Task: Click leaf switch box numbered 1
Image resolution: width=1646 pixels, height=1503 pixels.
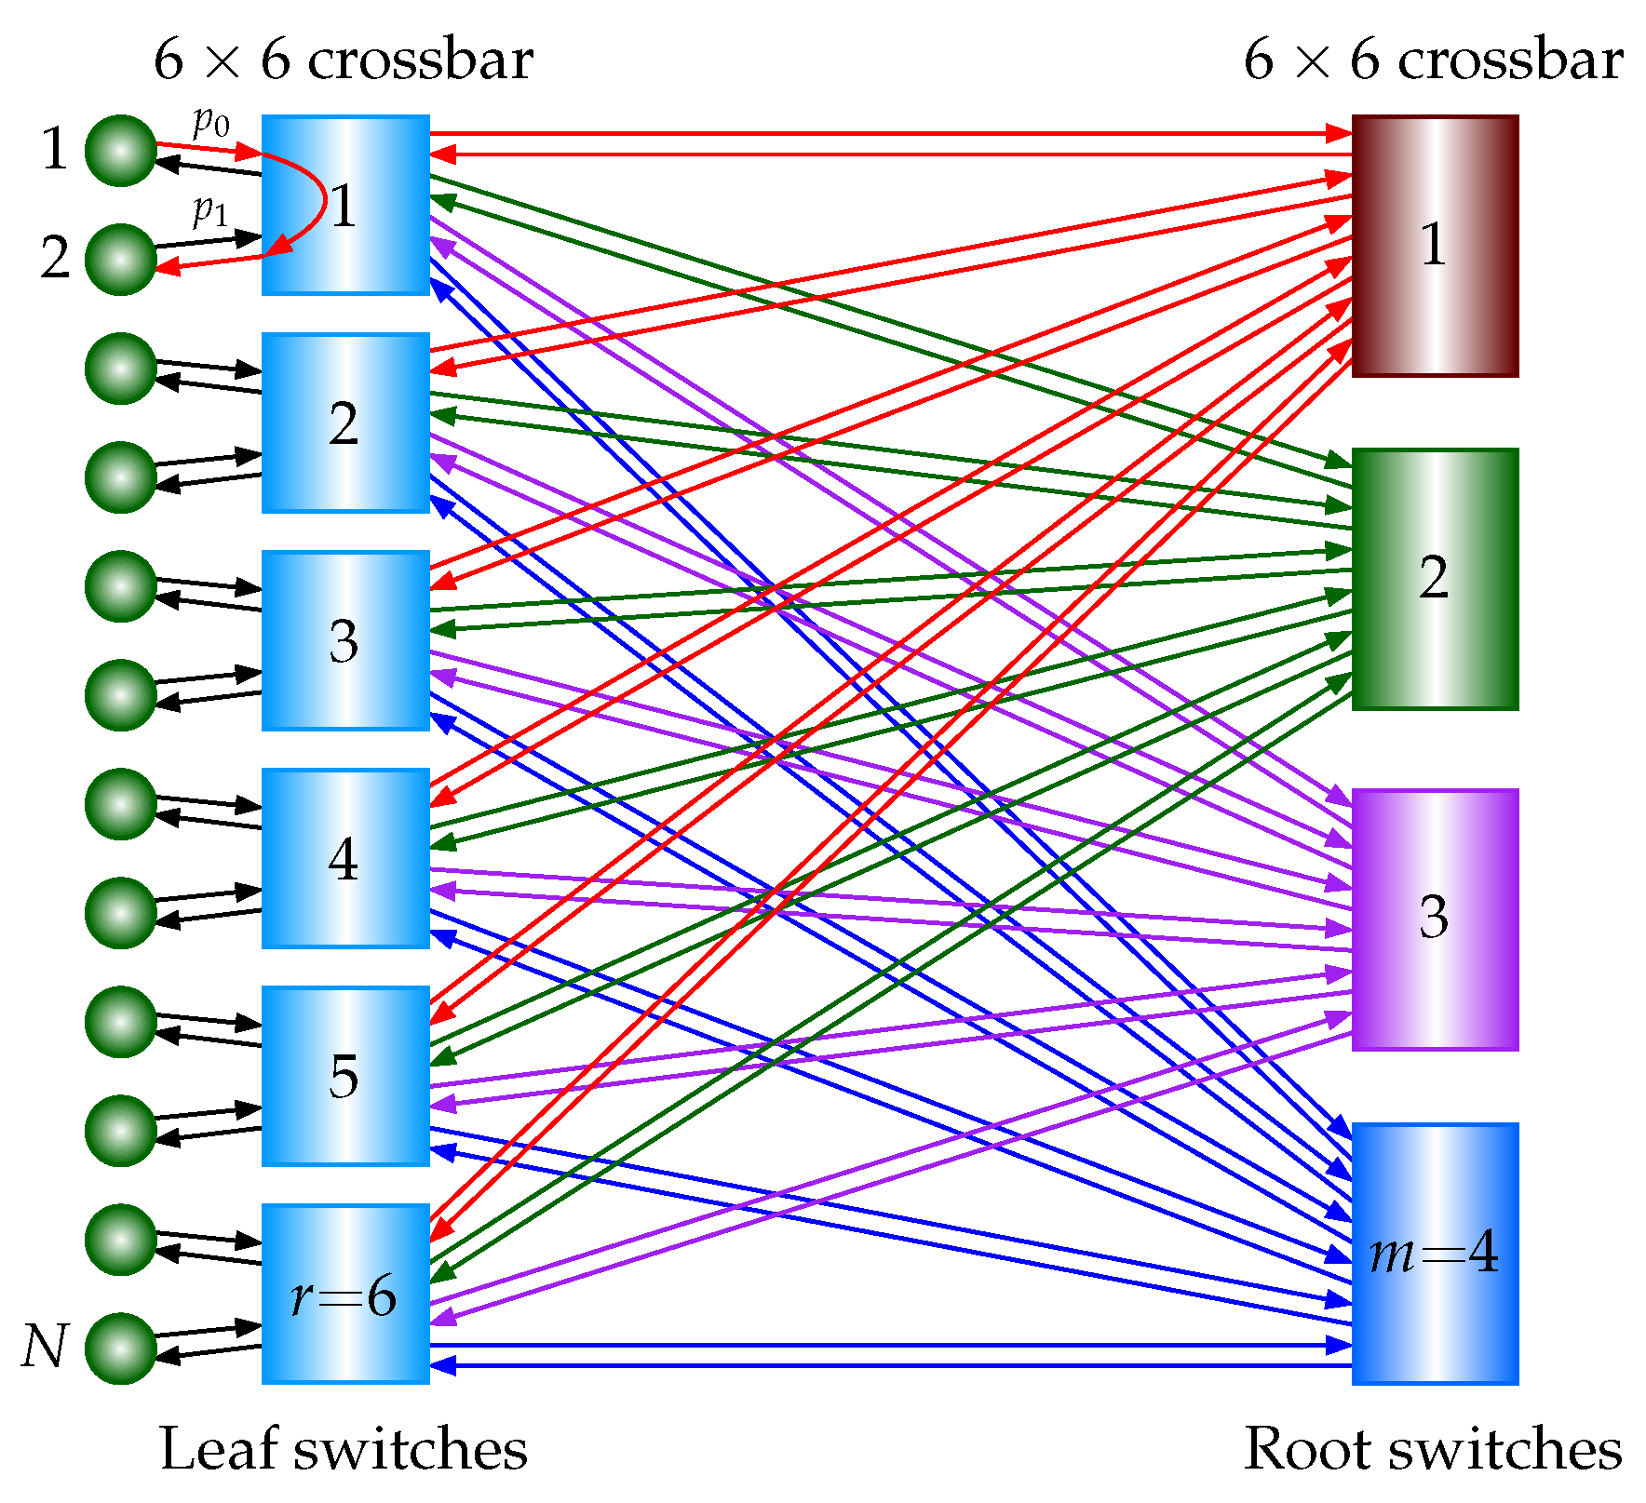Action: coord(345,206)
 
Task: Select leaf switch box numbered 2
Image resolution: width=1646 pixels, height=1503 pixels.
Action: coord(345,423)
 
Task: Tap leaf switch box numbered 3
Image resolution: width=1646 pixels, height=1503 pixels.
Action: coord(345,641)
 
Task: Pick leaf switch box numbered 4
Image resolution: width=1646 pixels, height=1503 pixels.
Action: coord(345,859)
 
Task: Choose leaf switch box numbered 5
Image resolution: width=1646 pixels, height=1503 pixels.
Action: coord(345,1077)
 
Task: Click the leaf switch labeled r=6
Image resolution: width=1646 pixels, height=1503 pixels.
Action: coord(345,1295)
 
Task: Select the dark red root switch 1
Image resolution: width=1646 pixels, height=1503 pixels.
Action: coord(1436,247)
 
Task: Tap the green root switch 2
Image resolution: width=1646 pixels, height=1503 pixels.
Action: coord(1436,580)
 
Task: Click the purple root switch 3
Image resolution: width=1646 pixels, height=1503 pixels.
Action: coord(1436,920)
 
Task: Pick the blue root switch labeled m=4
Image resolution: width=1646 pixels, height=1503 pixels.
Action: coord(1436,1255)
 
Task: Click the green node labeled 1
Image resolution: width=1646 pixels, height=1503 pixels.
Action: coord(121,151)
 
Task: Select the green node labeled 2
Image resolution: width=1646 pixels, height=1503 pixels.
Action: coord(121,260)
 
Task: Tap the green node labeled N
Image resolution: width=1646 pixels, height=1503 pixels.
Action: coord(121,1349)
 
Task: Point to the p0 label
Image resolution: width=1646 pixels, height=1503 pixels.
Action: coord(211,122)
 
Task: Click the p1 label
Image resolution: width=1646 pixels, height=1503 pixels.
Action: coord(210,211)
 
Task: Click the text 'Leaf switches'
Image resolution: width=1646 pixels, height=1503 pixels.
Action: coord(344,1449)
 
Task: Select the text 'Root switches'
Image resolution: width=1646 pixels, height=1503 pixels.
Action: coord(1433,1449)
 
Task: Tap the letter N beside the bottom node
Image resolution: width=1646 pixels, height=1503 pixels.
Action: coord(45,1347)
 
